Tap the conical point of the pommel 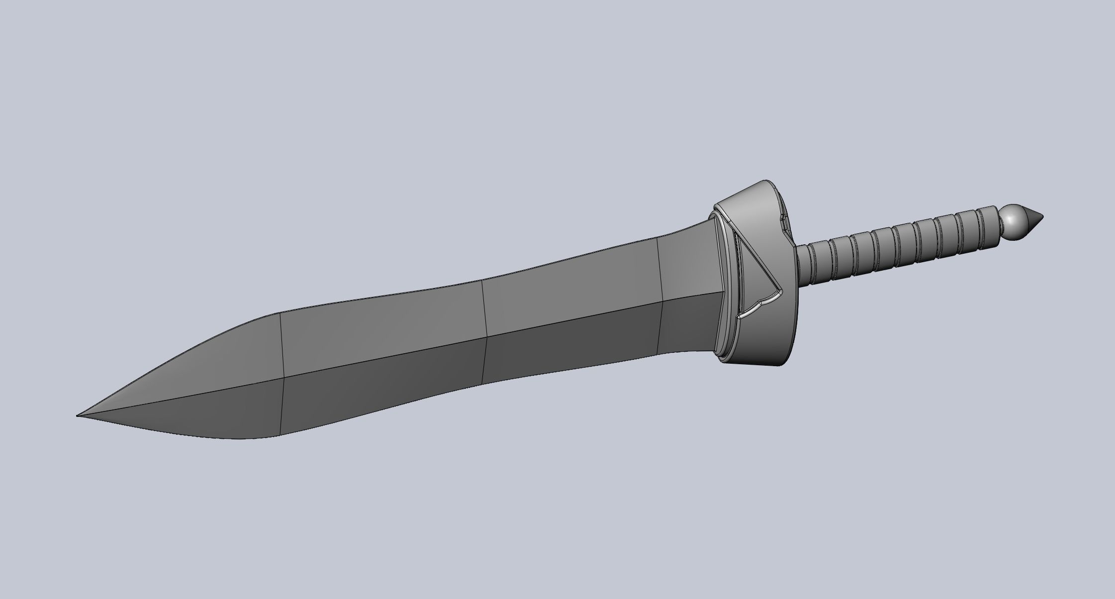click(1035, 220)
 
